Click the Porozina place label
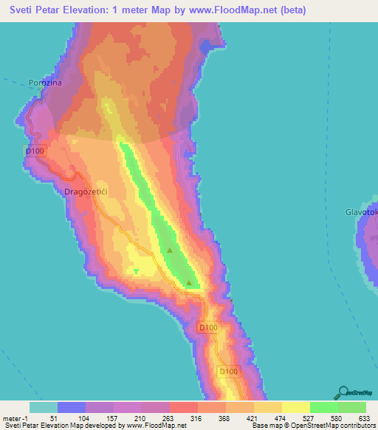[x=44, y=83]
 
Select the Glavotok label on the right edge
[x=361, y=212]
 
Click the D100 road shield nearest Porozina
[x=35, y=151]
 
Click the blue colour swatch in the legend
[x=71, y=407]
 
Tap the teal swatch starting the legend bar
[x=43, y=407]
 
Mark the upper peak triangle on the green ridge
[x=170, y=250]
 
